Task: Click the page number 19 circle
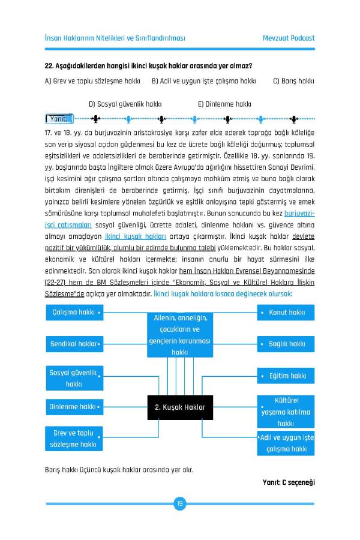(x=179, y=503)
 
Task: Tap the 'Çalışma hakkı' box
(x=74, y=313)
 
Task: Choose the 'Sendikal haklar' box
(x=74, y=344)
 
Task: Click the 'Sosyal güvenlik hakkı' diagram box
(x=74, y=378)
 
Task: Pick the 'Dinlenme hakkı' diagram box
(x=74, y=407)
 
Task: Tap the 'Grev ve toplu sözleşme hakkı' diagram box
(x=74, y=439)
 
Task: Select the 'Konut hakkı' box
(x=286, y=313)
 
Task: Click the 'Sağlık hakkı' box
(x=286, y=344)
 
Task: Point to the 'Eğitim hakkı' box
(x=286, y=376)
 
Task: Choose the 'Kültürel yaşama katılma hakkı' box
(x=286, y=412)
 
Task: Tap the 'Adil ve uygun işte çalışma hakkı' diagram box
(x=286, y=442)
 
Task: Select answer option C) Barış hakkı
(x=294, y=80)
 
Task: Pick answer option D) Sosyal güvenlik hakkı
(x=125, y=104)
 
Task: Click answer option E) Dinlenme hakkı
(x=224, y=104)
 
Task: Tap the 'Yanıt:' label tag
(x=59, y=118)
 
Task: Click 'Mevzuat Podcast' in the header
(x=289, y=38)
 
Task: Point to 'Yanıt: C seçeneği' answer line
(x=289, y=482)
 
